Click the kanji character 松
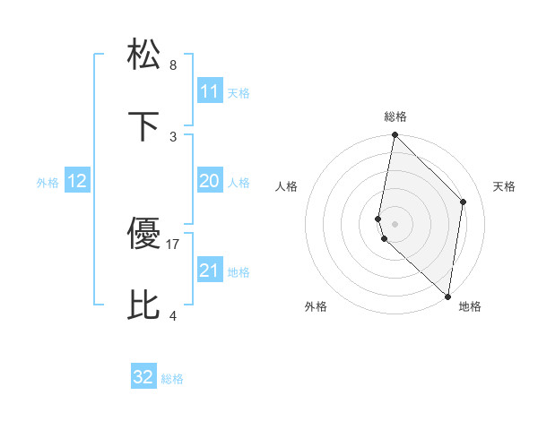tap(145, 55)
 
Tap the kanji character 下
tap(145, 125)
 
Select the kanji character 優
tap(145, 235)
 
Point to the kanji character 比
tap(145, 305)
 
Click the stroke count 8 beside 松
tap(173, 65)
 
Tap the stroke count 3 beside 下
tap(173, 136)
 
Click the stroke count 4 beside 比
tap(173, 315)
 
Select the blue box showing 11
tap(210, 90)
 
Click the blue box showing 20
tap(210, 181)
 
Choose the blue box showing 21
tap(210, 271)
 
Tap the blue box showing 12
tap(77, 181)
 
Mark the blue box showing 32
tap(143, 377)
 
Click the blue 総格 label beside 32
tap(172, 379)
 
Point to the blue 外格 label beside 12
tap(48, 183)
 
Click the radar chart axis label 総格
tap(395, 116)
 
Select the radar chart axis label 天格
tap(504, 186)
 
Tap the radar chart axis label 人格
tap(287, 186)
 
